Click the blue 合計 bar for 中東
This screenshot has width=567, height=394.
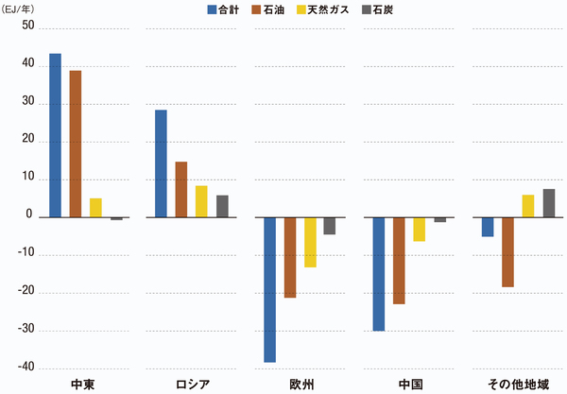point(55,135)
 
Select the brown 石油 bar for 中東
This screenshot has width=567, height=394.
point(76,144)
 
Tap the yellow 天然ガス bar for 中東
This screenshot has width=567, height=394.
point(95,207)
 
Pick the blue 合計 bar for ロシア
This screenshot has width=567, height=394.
point(161,163)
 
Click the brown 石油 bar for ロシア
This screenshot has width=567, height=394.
point(181,189)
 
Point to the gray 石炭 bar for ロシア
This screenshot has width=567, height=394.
point(222,206)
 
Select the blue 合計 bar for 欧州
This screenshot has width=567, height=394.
point(269,289)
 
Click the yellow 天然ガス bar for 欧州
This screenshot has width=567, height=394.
point(310,242)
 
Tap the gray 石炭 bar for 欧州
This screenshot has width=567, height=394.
point(330,226)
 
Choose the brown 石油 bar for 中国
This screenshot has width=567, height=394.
point(399,261)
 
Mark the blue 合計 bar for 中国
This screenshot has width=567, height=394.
point(379,274)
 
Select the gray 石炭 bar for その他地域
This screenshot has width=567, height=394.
point(549,203)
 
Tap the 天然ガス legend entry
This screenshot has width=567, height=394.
point(326,9)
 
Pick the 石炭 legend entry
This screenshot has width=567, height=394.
point(383,9)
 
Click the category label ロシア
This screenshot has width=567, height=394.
point(193,384)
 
